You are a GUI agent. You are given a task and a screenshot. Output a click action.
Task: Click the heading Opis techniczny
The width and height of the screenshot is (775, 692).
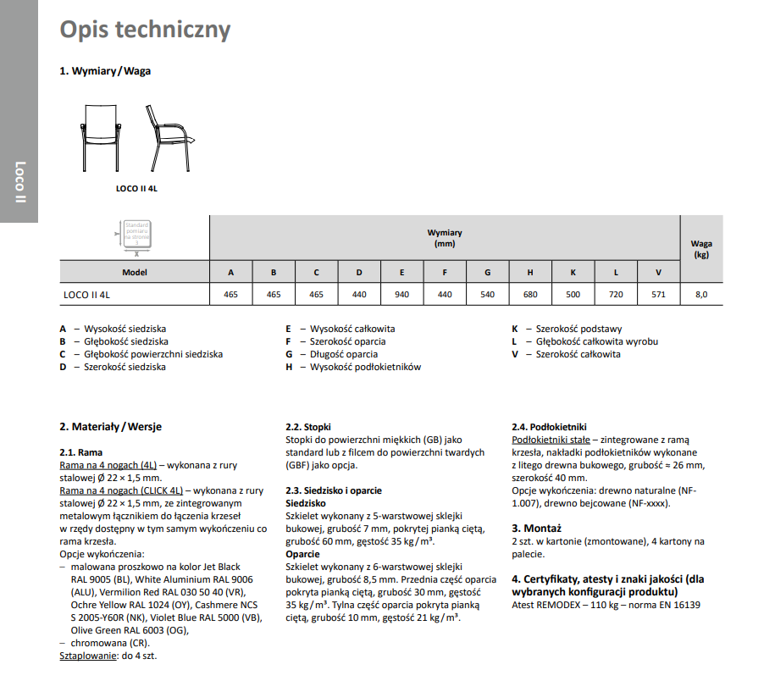point(145,30)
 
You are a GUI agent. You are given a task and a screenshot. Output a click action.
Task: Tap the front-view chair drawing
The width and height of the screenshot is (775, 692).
point(102,136)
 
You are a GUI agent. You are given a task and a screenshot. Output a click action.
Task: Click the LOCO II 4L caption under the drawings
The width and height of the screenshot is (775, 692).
point(136,189)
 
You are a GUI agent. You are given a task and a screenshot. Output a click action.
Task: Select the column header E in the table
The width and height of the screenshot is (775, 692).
point(401,272)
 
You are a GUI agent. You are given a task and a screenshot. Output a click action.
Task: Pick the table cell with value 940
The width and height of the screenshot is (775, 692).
point(401,295)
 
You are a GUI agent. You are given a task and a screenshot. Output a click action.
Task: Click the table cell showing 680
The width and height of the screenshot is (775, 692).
point(530,295)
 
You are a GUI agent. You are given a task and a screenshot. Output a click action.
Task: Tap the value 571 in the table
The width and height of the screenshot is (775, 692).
point(658,295)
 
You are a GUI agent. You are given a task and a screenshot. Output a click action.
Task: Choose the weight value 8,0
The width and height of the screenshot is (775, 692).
point(700,295)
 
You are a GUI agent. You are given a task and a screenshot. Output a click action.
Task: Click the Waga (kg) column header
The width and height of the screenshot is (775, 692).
point(700,248)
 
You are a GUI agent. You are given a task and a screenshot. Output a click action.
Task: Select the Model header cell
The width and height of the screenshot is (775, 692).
point(135,272)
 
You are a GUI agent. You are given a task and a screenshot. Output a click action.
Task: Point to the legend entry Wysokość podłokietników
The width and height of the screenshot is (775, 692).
point(365,367)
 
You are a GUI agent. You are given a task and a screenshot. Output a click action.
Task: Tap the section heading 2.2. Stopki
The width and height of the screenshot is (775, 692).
point(307,427)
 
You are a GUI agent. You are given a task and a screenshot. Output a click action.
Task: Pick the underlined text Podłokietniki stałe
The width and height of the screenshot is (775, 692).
point(551,440)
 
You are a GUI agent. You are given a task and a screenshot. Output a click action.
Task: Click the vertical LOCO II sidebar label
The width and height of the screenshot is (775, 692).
point(19,182)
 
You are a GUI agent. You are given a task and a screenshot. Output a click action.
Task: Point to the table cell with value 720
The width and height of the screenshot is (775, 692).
point(616,295)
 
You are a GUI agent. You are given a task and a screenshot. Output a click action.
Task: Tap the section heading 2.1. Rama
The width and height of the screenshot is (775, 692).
point(80,453)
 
